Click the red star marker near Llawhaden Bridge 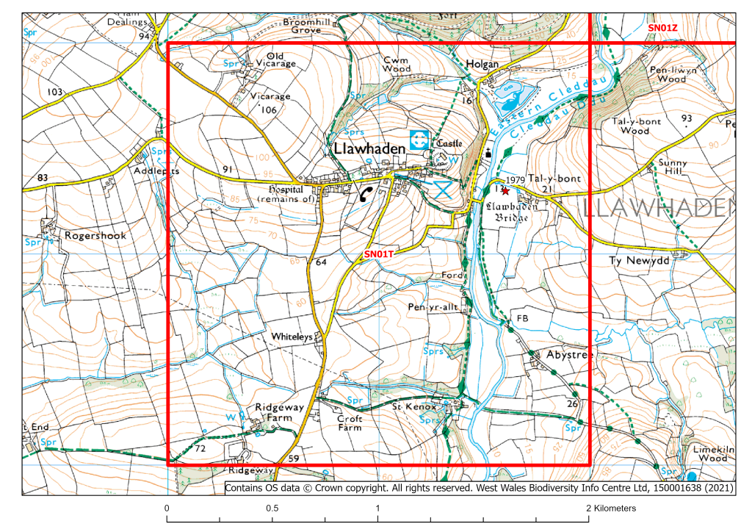[505, 190]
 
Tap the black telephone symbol [366, 194]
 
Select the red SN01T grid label [380, 254]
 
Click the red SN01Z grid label [662, 27]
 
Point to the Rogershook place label [95, 236]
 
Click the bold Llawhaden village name [369, 148]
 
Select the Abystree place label [569, 354]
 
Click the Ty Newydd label [636, 261]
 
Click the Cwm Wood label [397, 64]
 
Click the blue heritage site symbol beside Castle [419, 139]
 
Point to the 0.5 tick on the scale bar [272, 508]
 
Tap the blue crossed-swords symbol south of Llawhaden [441, 189]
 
